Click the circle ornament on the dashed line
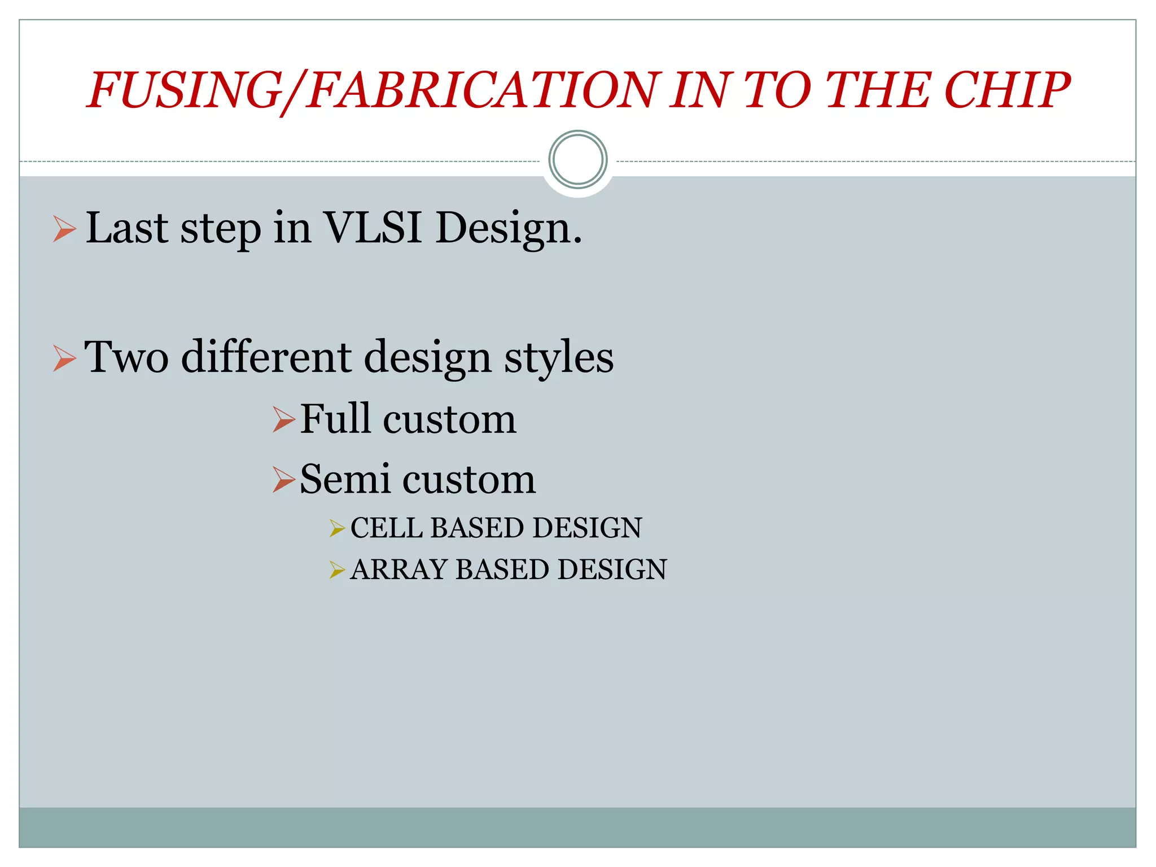tap(577, 160)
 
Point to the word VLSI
tap(373, 228)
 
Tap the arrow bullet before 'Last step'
tap(64, 229)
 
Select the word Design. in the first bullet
tap(509, 229)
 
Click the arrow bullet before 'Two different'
tap(64, 358)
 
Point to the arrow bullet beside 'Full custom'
tap(283, 420)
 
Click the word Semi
tap(344, 479)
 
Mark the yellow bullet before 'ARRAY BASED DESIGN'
tap(336, 570)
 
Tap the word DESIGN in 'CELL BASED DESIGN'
tap(586, 528)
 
